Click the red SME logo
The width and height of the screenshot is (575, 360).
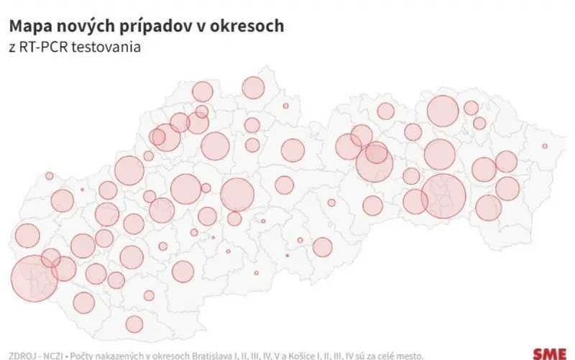click(550, 354)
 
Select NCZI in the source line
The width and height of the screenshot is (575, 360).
click(52, 354)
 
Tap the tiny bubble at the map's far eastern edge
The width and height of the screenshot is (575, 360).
click(546, 147)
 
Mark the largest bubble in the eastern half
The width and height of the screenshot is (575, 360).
click(443, 194)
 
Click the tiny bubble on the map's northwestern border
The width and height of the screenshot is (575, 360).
click(49, 175)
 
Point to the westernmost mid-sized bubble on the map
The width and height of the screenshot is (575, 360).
click(27, 236)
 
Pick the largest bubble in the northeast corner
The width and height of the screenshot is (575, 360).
click(443, 111)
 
